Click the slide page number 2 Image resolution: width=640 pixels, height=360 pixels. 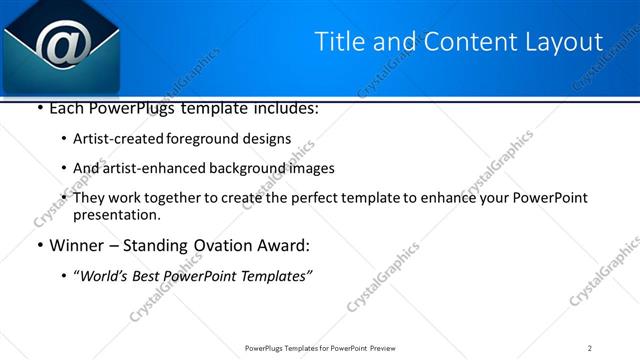pyautogui.click(x=590, y=348)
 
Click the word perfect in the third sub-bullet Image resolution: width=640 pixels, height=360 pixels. pyautogui.click(x=336, y=198)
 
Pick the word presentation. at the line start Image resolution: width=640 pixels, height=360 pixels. pyautogui.click(x=116, y=215)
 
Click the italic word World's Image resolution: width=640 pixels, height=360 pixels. pyautogui.click(x=105, y=276)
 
